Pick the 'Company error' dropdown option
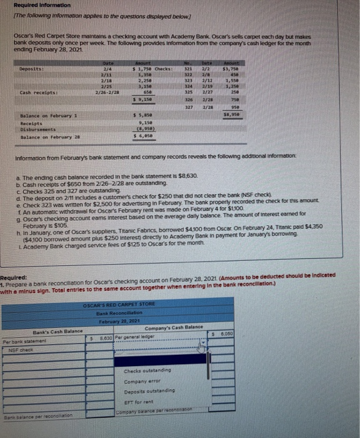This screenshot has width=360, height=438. [141, 381]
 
